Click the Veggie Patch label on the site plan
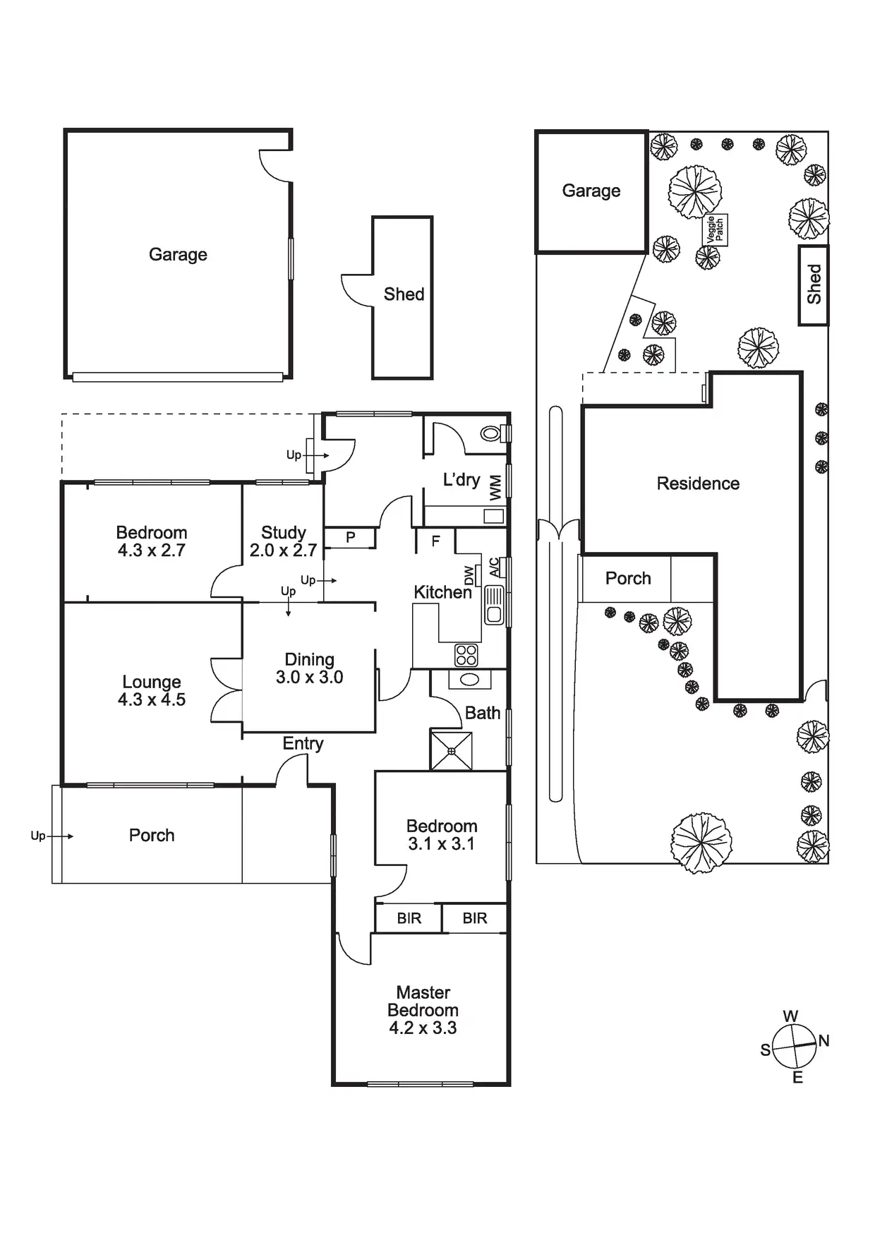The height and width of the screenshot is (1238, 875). (716, 230)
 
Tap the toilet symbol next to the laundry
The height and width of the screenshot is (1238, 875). (491, 432)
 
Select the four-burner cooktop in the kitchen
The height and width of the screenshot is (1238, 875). (466, 655)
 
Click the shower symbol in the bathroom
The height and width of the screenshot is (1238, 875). (451, 751)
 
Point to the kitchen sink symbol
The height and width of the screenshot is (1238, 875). (494, 605)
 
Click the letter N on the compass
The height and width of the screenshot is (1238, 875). (823, 1040)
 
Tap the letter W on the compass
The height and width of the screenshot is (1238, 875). (790, 1016)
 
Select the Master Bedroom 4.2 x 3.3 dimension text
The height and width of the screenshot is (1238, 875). (423, 1028)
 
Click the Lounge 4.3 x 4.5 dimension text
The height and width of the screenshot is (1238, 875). (152, 699)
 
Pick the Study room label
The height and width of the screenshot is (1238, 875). (284, 532)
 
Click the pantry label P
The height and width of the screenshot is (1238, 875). (350, 538)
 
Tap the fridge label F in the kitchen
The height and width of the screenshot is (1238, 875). (435, 541)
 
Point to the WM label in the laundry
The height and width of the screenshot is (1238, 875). (495, 487)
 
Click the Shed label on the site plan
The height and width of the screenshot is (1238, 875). (814, 284)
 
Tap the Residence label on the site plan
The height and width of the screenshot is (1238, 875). (698, 483)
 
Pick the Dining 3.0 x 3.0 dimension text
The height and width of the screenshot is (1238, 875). (309, 678)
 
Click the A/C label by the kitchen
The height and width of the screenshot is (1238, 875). (494, 567)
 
